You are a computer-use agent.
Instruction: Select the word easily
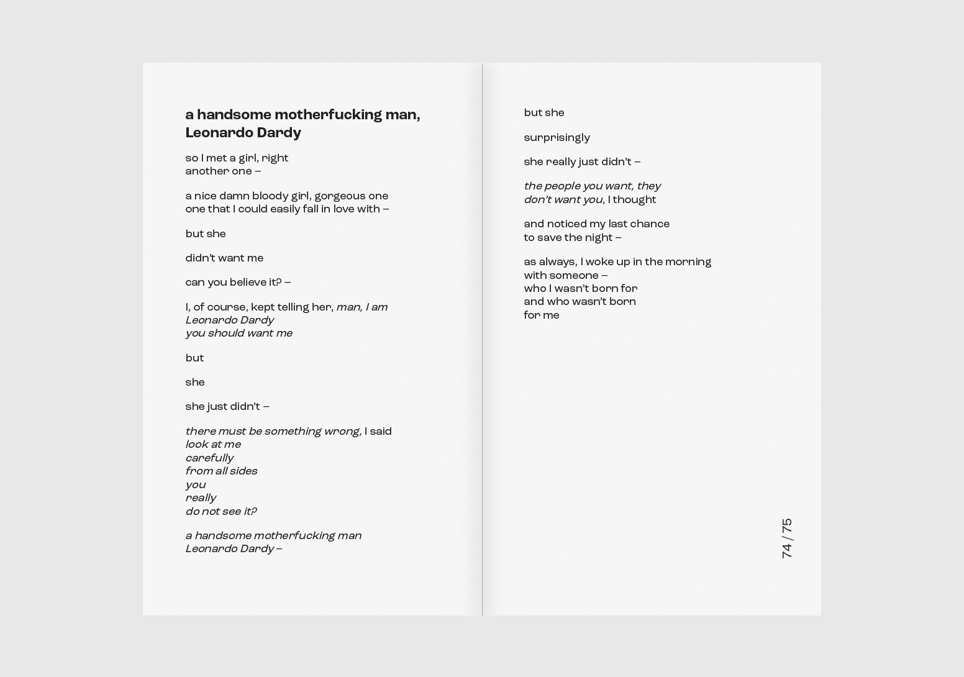coord(284,209)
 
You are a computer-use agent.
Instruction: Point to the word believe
coord(248,283)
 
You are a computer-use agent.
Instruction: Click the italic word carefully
coord(209,458)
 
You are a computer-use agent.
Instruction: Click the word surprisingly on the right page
coord(557,138)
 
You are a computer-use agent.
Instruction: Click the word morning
coord(688,262)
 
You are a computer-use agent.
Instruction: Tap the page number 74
coord(787,551)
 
